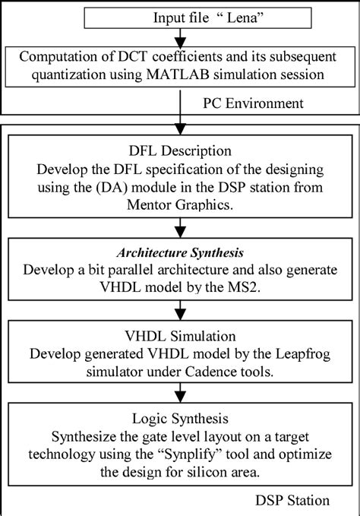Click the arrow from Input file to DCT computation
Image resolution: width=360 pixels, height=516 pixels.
click(181, 36)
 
